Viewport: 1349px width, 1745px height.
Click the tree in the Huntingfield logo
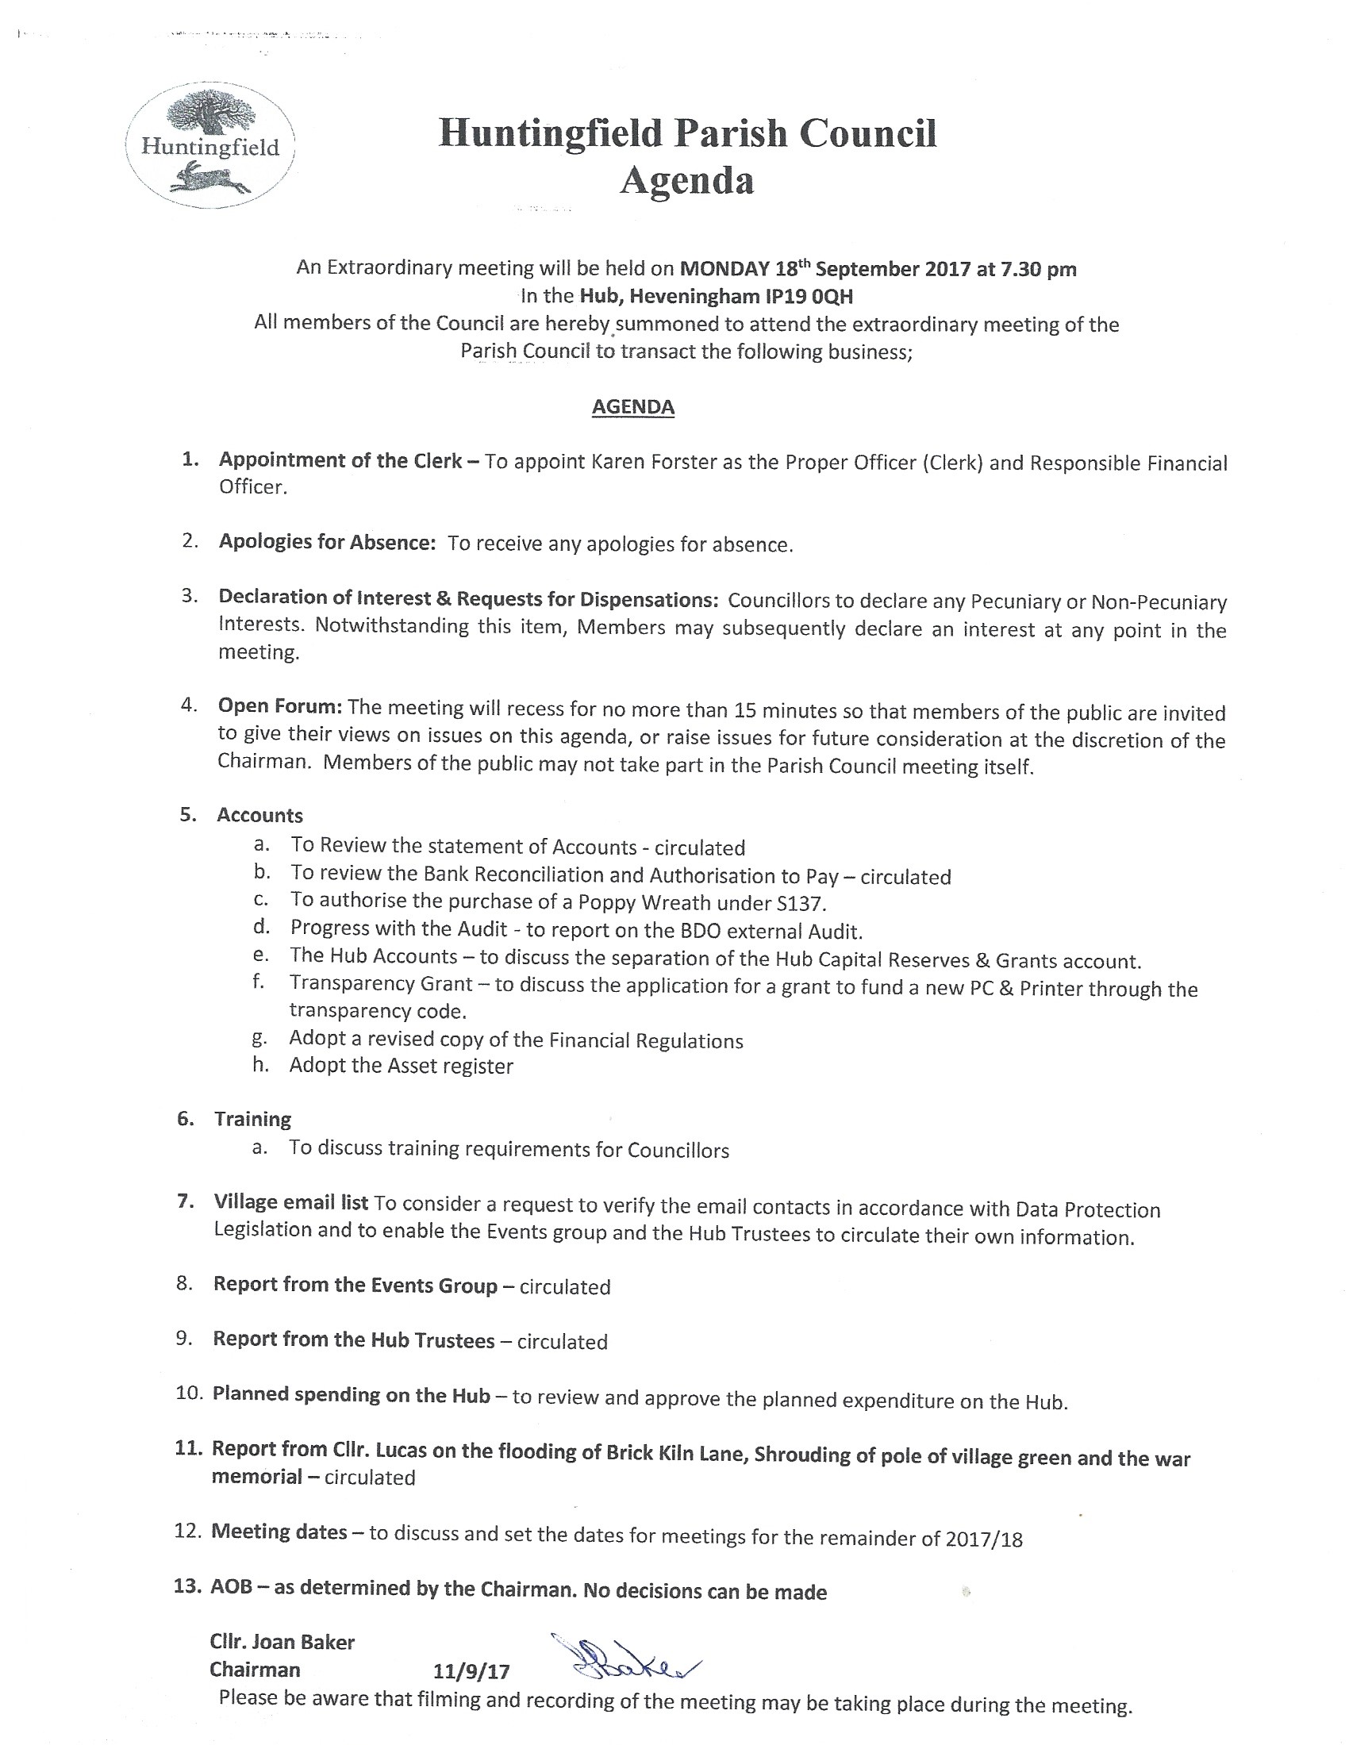point(209,111)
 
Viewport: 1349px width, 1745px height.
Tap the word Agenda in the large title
point(686,180)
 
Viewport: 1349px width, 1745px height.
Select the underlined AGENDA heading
point(633,406)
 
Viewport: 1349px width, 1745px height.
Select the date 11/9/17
point(471,1670)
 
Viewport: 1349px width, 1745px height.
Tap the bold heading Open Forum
point(279,706)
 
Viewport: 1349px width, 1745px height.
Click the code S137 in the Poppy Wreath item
point(801,904)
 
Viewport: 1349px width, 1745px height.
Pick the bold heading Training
point(252,1120)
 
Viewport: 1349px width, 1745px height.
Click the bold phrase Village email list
point(291,1202)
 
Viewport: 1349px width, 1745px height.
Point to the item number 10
point(190,1393)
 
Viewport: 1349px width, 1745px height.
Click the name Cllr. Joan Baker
point(282,1642)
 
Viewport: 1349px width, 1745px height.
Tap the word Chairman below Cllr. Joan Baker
point(255,1669)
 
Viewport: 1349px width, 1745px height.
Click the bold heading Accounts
point(259,815)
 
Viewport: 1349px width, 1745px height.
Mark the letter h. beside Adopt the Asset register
point(260,1065)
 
